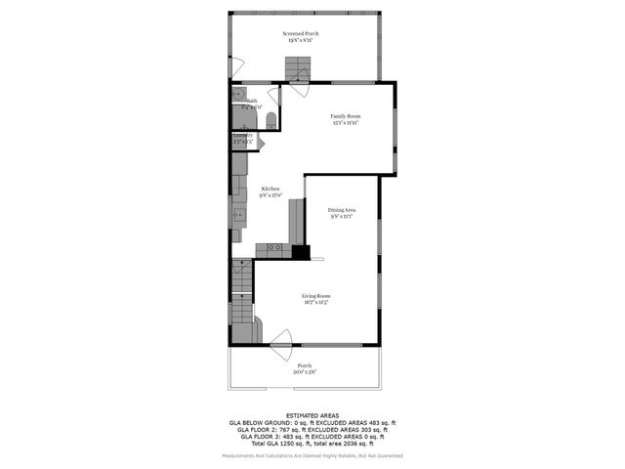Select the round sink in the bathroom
pos(238,95)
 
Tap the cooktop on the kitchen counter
pos(273,249)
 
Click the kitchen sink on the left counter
pos(238,215)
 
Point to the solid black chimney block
pos(301,252)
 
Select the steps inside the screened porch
pos(297,68)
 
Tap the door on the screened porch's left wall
pos(235,68)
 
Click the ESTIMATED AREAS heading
pos(312,415)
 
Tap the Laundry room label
pos(242,138)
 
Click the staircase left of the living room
pos(242,303)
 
